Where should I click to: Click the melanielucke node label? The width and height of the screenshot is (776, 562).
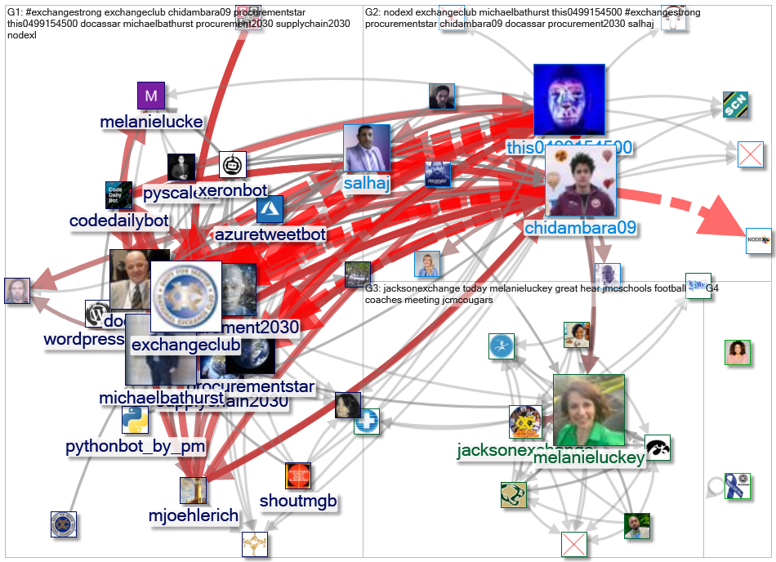[x=151, y=123]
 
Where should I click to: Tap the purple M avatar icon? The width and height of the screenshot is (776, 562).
[x=150, y=96]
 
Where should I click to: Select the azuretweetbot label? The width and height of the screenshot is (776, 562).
[x=270, y=235]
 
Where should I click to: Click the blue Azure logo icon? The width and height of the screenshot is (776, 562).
[x=270, y=209]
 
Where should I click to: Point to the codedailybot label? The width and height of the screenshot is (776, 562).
[x=118, y=221]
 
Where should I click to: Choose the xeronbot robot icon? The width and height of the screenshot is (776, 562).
[x=233, y=165]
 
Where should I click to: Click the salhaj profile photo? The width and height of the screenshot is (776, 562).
[x=366, y=149]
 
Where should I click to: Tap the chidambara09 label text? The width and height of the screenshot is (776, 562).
[x=580, y=226]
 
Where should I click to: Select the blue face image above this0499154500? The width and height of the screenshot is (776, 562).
[x=569, y=100]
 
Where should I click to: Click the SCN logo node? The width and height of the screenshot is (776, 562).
[x=736, y=105]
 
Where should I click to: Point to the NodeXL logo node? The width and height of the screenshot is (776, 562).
[x=759, y=241]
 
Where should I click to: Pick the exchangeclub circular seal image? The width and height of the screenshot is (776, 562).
[x=187, y=296]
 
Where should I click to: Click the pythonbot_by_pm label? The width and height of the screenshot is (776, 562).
[x=136, y=447]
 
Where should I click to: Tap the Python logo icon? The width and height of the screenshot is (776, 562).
[x=136, y=420]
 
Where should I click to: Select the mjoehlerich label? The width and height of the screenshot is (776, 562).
[x=194, y=515]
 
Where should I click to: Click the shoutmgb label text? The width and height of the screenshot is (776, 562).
[x=297, y=500]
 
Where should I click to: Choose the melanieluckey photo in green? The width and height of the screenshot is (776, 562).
[x=588, y=411]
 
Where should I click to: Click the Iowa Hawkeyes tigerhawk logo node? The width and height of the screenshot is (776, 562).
[x=658, y=448]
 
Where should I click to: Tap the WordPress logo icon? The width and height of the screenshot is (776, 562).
[x=98, y=314]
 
